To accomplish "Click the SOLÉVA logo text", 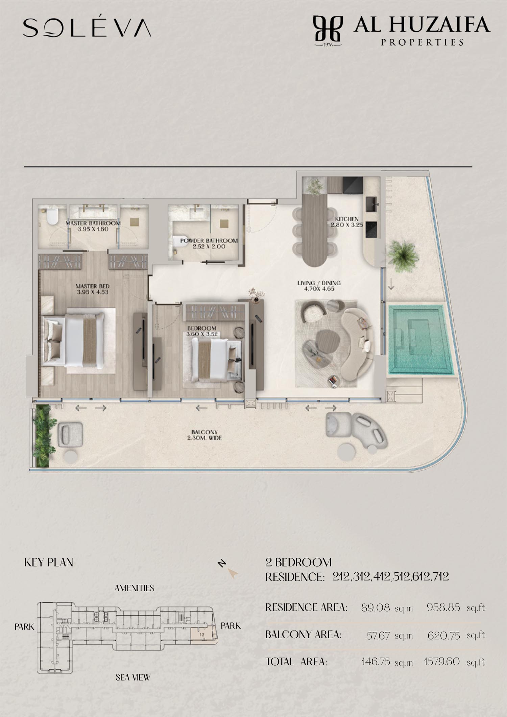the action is [x=87, y=27].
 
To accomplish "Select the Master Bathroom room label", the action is [x=93, y=223].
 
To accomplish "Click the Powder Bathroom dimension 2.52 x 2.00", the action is [x=209, y=246].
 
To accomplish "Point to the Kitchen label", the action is [x=347, y=219].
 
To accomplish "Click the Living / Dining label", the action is [x=319, y=283].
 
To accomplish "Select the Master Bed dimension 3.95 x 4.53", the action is [x=93, y=292].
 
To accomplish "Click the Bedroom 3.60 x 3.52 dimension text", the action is [x=202, y=334].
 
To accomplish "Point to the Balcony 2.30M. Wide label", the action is [x=204, y=435].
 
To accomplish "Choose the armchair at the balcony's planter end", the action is [x=70, y=435].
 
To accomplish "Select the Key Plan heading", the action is [x=49, y=563].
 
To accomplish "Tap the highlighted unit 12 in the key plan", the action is [x=202, y=635].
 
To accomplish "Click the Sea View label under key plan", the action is [x=133, y=677].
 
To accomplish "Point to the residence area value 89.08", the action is [x=375, y=608].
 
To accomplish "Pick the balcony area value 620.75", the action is [x=444, y=636].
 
